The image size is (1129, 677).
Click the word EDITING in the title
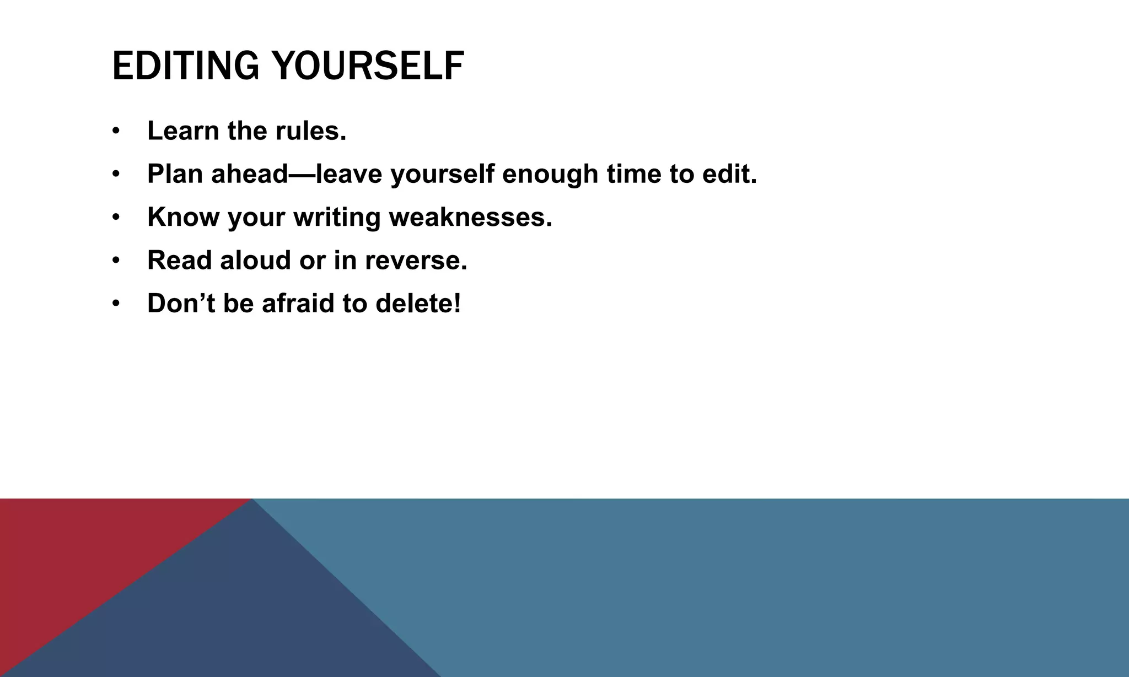pyautogui.click(x=185, y=66)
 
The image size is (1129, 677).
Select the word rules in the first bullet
pyautogui.click(x=310, y=131)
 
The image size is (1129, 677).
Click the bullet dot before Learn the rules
pyautogui.click(x=115, y=131)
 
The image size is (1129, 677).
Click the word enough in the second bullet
pyautogui.click(x=550, y=174)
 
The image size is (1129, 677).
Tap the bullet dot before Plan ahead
pyautogui.click(x=115, y=174)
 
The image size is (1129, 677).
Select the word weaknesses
pyautogui.click(x=470, y=217)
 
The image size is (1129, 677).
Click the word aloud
pyautogui.click(x=255, y=260)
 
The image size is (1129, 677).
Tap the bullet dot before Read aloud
pyautogui.click(x=115, y=260)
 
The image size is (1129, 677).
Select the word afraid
pyautogui.click(x=298, y=304)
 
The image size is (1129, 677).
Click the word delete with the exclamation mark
pyautogui.click(x=417, y=304)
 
